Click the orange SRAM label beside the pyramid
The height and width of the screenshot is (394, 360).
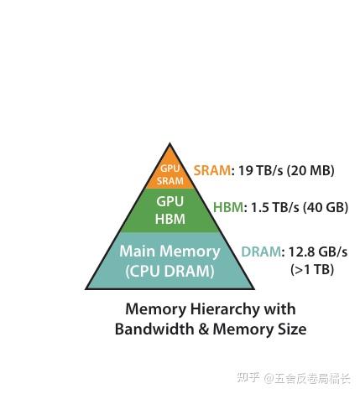click(212, 170)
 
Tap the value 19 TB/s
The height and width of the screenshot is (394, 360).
click(261, 170)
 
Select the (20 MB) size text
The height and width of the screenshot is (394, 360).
click(310, 170)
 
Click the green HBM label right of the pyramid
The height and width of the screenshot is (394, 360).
click(228, 207)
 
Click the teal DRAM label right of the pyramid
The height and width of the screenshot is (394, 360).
click(261, 251)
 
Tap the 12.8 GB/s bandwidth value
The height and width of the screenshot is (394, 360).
click(318, 251)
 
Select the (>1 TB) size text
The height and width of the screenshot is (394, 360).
click(312, 270)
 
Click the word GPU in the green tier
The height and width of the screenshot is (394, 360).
click(170, 201)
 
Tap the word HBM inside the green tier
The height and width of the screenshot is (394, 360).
click(170, 219)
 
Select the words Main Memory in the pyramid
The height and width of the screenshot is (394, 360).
click(170, 251)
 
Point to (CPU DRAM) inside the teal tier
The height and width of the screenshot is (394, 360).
click(170, 271)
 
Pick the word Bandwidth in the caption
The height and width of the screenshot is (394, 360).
click(154, 329)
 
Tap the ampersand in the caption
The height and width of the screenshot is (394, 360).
click(203, 329)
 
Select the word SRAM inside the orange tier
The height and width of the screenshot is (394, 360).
click(170, 181)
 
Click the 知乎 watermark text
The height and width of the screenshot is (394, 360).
click(248, 377)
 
